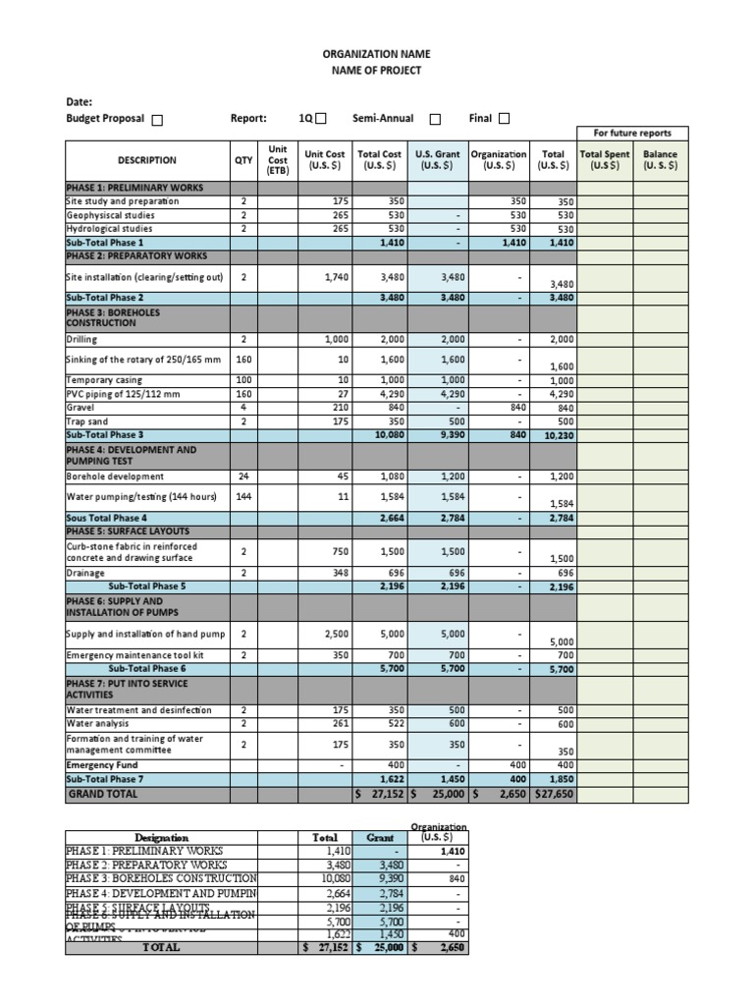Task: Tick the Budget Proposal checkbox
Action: click(157, 120)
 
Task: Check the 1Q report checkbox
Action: click(321, 119)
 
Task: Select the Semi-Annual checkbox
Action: click(435, 119)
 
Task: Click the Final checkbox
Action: click(505, 119)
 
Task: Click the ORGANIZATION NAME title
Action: click(377, 54)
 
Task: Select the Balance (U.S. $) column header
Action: click(660, 160)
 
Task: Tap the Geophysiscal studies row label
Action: click(110, 214)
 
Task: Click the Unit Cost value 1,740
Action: click(335, 278)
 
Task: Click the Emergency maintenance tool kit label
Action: click(135, 655)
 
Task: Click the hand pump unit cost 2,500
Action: click(335, 634)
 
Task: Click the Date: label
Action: click(79, 101)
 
